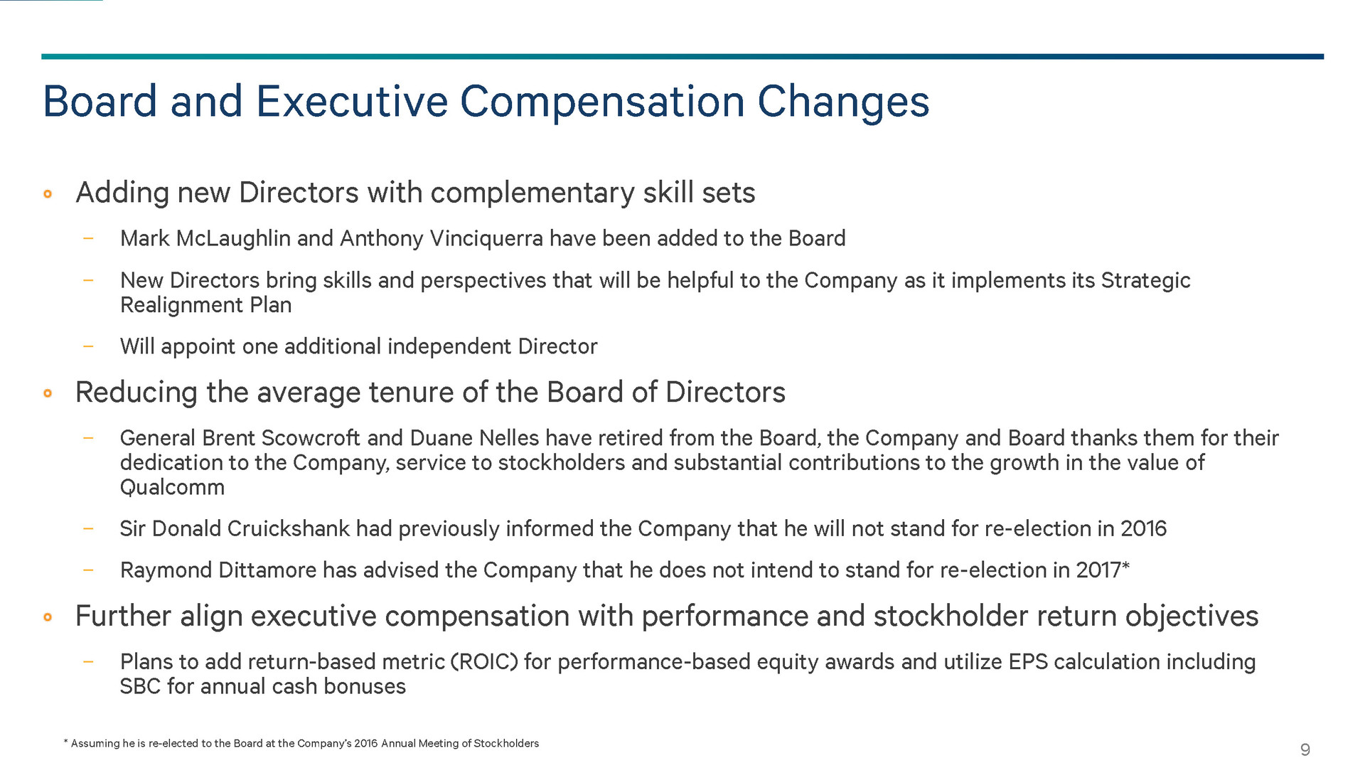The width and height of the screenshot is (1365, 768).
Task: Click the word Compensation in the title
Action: tap(601, 102)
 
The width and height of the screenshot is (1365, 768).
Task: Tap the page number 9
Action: tap(1305, 750)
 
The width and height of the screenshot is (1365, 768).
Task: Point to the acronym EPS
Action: tap(1028, 662)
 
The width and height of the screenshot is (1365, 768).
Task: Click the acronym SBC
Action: tap(140, 687)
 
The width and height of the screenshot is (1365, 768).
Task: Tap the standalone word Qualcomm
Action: tap(172, 488)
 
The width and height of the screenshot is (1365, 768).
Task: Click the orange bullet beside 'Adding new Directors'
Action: tap(48, 193)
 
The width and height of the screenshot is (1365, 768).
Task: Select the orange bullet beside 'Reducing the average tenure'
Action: tap(48, 393)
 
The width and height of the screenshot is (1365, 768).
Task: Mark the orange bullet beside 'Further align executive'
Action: tap(48, 617)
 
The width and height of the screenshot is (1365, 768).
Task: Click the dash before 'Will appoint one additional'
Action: tap(88, 346)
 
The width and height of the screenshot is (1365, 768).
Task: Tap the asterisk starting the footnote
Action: tap(66, 742)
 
